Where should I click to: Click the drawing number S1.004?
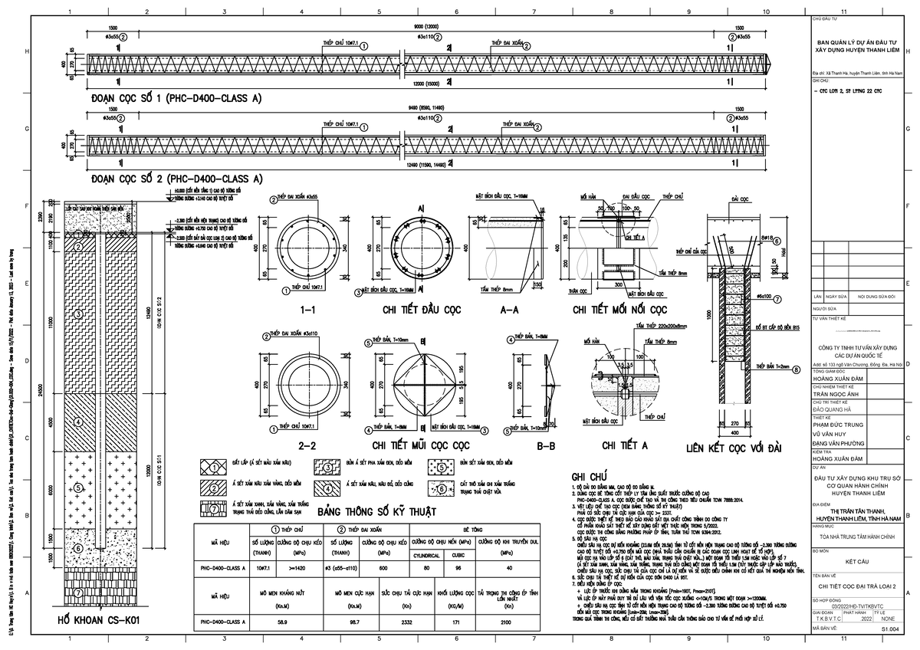click(889, 628)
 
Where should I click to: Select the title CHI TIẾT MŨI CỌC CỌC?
click(420, 444)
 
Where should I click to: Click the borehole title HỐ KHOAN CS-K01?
click(94, 619)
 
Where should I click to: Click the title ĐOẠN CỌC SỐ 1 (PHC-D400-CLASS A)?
click(176, 99)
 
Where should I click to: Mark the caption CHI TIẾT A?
click(624, 444)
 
